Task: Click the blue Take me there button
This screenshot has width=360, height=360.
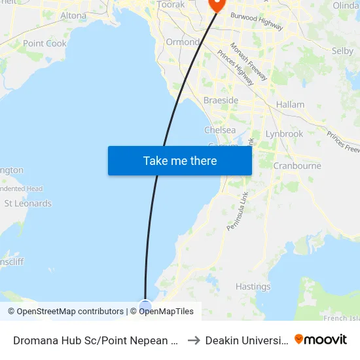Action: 180,160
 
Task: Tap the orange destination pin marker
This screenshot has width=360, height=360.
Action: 216,4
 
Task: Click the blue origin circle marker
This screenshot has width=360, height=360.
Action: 145,306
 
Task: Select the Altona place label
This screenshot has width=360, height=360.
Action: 73,16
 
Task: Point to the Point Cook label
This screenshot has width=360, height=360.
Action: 45,43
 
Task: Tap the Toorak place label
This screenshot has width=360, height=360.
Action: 171,4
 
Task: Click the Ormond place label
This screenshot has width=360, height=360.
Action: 182,42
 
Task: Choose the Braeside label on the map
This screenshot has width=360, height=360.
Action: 221,101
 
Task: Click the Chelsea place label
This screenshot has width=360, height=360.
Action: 220,130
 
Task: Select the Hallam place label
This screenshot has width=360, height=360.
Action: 290,105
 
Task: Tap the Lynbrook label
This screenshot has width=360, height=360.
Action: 284,134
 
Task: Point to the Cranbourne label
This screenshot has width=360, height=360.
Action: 297,166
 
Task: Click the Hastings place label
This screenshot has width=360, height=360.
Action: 253,287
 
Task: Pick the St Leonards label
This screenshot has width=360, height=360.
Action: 27,204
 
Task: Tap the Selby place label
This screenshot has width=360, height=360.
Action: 342,50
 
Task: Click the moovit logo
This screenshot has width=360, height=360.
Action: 321,339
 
